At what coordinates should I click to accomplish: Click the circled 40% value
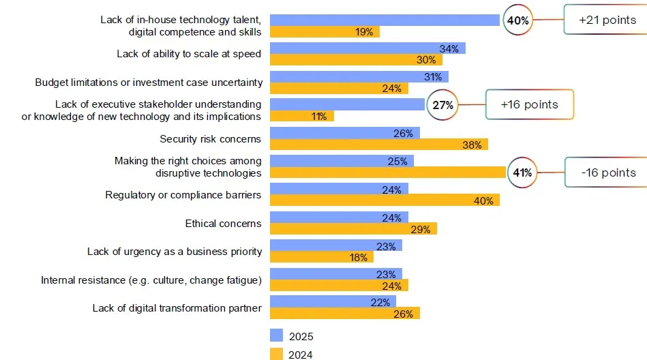[x=517, y=20]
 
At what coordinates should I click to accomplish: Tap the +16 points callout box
[x=529, y=105]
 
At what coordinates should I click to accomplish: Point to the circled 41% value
[x=522, y=172]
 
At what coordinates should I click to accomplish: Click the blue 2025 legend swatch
[x=276, y=335]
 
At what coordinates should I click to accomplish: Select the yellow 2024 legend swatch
[x=276, y=354]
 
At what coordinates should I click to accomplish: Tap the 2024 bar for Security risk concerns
[x=378, y=145]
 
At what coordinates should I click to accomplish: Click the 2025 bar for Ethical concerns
[x=339, y=217]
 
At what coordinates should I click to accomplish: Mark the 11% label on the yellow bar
[x=319, y=117]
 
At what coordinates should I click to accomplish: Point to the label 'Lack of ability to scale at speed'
[x=189, y=54]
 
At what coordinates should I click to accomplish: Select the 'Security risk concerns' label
[x=210, y=139]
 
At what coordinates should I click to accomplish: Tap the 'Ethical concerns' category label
[x=223, y=224]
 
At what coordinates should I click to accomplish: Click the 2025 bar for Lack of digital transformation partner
[x=333, y=302]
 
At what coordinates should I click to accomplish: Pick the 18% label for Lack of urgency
[x=359, y=257]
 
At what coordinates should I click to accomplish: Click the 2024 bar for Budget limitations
[x=339, y=88]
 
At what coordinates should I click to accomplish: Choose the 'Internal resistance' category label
[x=151, y=280]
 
